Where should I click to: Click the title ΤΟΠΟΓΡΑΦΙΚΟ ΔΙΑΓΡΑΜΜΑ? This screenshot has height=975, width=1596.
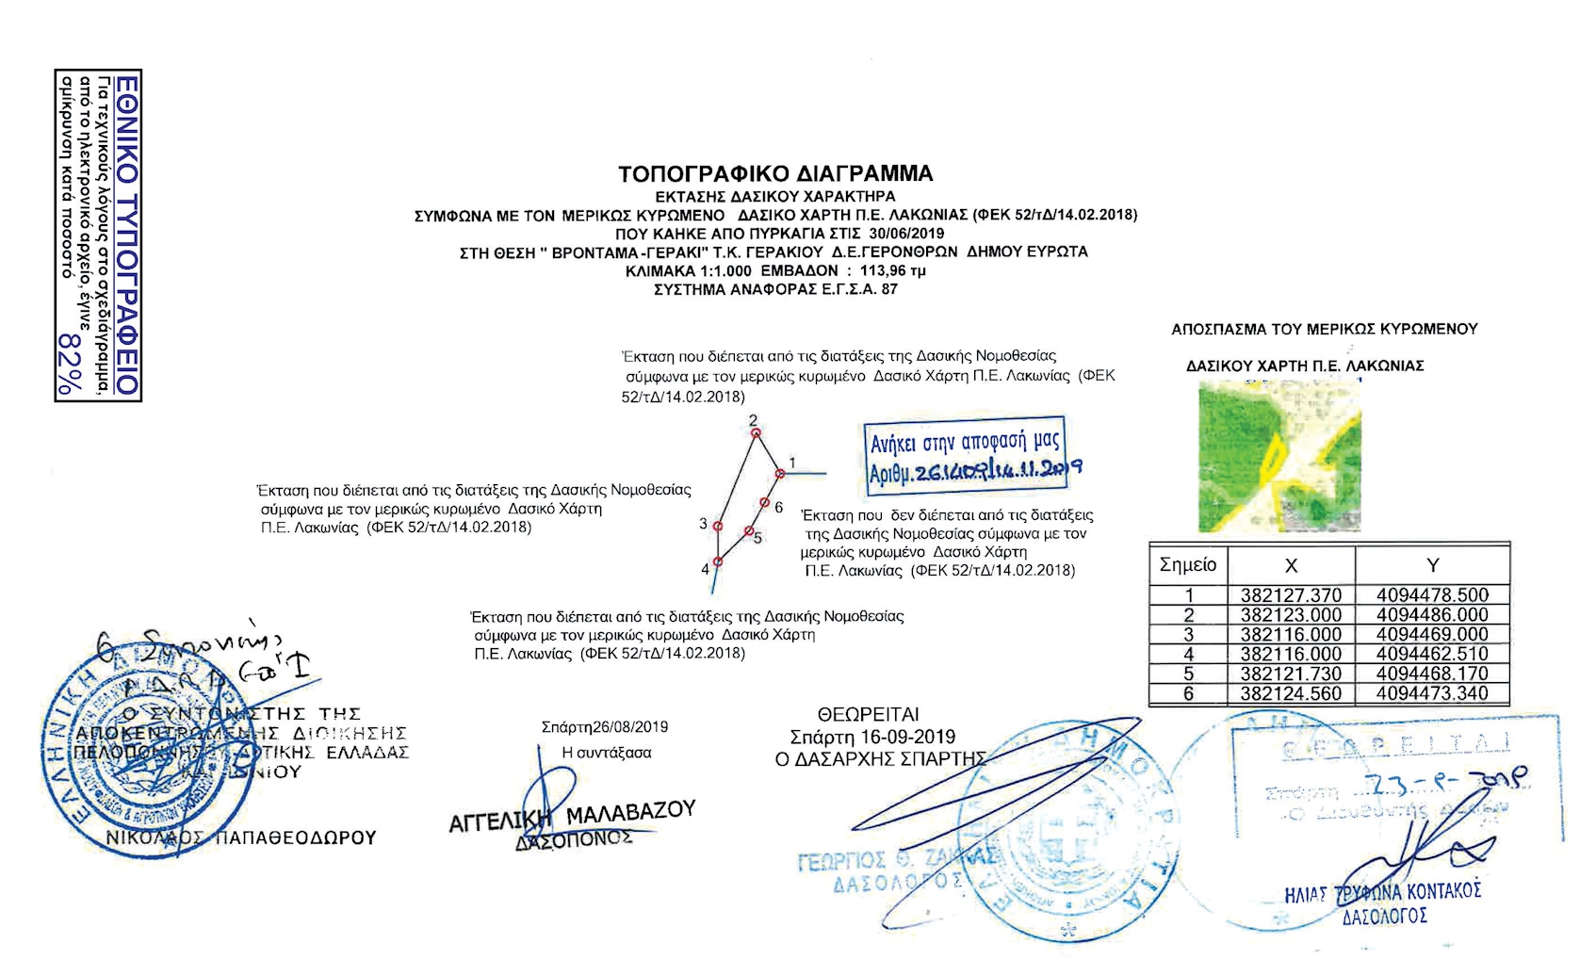[x=775, y=174]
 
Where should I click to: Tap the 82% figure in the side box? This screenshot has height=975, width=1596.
[x=69, y=363]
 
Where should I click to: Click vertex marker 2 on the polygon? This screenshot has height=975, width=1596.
[x=755, y=432]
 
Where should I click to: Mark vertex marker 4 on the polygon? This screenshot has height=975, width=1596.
[x=717, y=562]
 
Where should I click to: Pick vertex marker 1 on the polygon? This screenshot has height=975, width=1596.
[x=780, y=473]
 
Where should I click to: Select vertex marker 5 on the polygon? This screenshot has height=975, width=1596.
[x=749, y=531]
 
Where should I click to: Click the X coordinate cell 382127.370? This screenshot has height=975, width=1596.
[x=1291, y=595]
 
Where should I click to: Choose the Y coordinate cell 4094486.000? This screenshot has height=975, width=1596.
[x=1432, y=615]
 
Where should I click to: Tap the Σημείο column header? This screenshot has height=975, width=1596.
[x=1188, y=565]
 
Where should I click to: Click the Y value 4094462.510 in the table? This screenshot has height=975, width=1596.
[x=1432, y=654]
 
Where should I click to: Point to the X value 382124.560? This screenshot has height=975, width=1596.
[x=1291, y=693]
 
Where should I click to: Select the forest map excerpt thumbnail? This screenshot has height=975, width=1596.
[x=1279, y=456]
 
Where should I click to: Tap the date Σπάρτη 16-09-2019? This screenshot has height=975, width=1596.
[x=872, y=737]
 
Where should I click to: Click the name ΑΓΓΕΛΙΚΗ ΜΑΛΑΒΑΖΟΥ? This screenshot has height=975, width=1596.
[x=572, y=817]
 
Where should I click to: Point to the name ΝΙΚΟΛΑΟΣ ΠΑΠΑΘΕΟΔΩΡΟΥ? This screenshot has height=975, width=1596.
[x=241, y=837]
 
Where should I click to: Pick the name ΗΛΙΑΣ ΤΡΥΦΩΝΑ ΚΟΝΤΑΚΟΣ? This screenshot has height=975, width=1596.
[x=1383, y=892]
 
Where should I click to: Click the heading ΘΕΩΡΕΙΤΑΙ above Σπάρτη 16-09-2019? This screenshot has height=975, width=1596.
[x=868, y=715]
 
